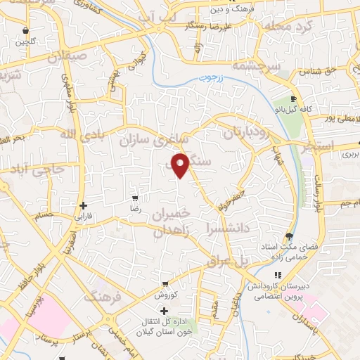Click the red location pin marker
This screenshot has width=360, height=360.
pyautogui.click(x=181, y=165)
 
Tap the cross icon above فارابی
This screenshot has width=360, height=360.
pyautogui.click(x=84, y=205)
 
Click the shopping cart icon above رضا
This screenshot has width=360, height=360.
pyautogui.click(x=136, y=199)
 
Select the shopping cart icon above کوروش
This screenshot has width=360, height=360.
pyautogui.click(x=165, y=285)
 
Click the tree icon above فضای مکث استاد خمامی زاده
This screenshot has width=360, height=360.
pyautogui.click(x=288, y=236)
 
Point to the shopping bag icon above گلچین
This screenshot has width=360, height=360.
pyautogui.click(x=26, y=31)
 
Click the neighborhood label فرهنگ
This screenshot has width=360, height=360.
pyautogui.click(x=103, y=297)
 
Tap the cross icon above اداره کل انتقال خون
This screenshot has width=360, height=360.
pyautogui.click(x=165, y=311)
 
